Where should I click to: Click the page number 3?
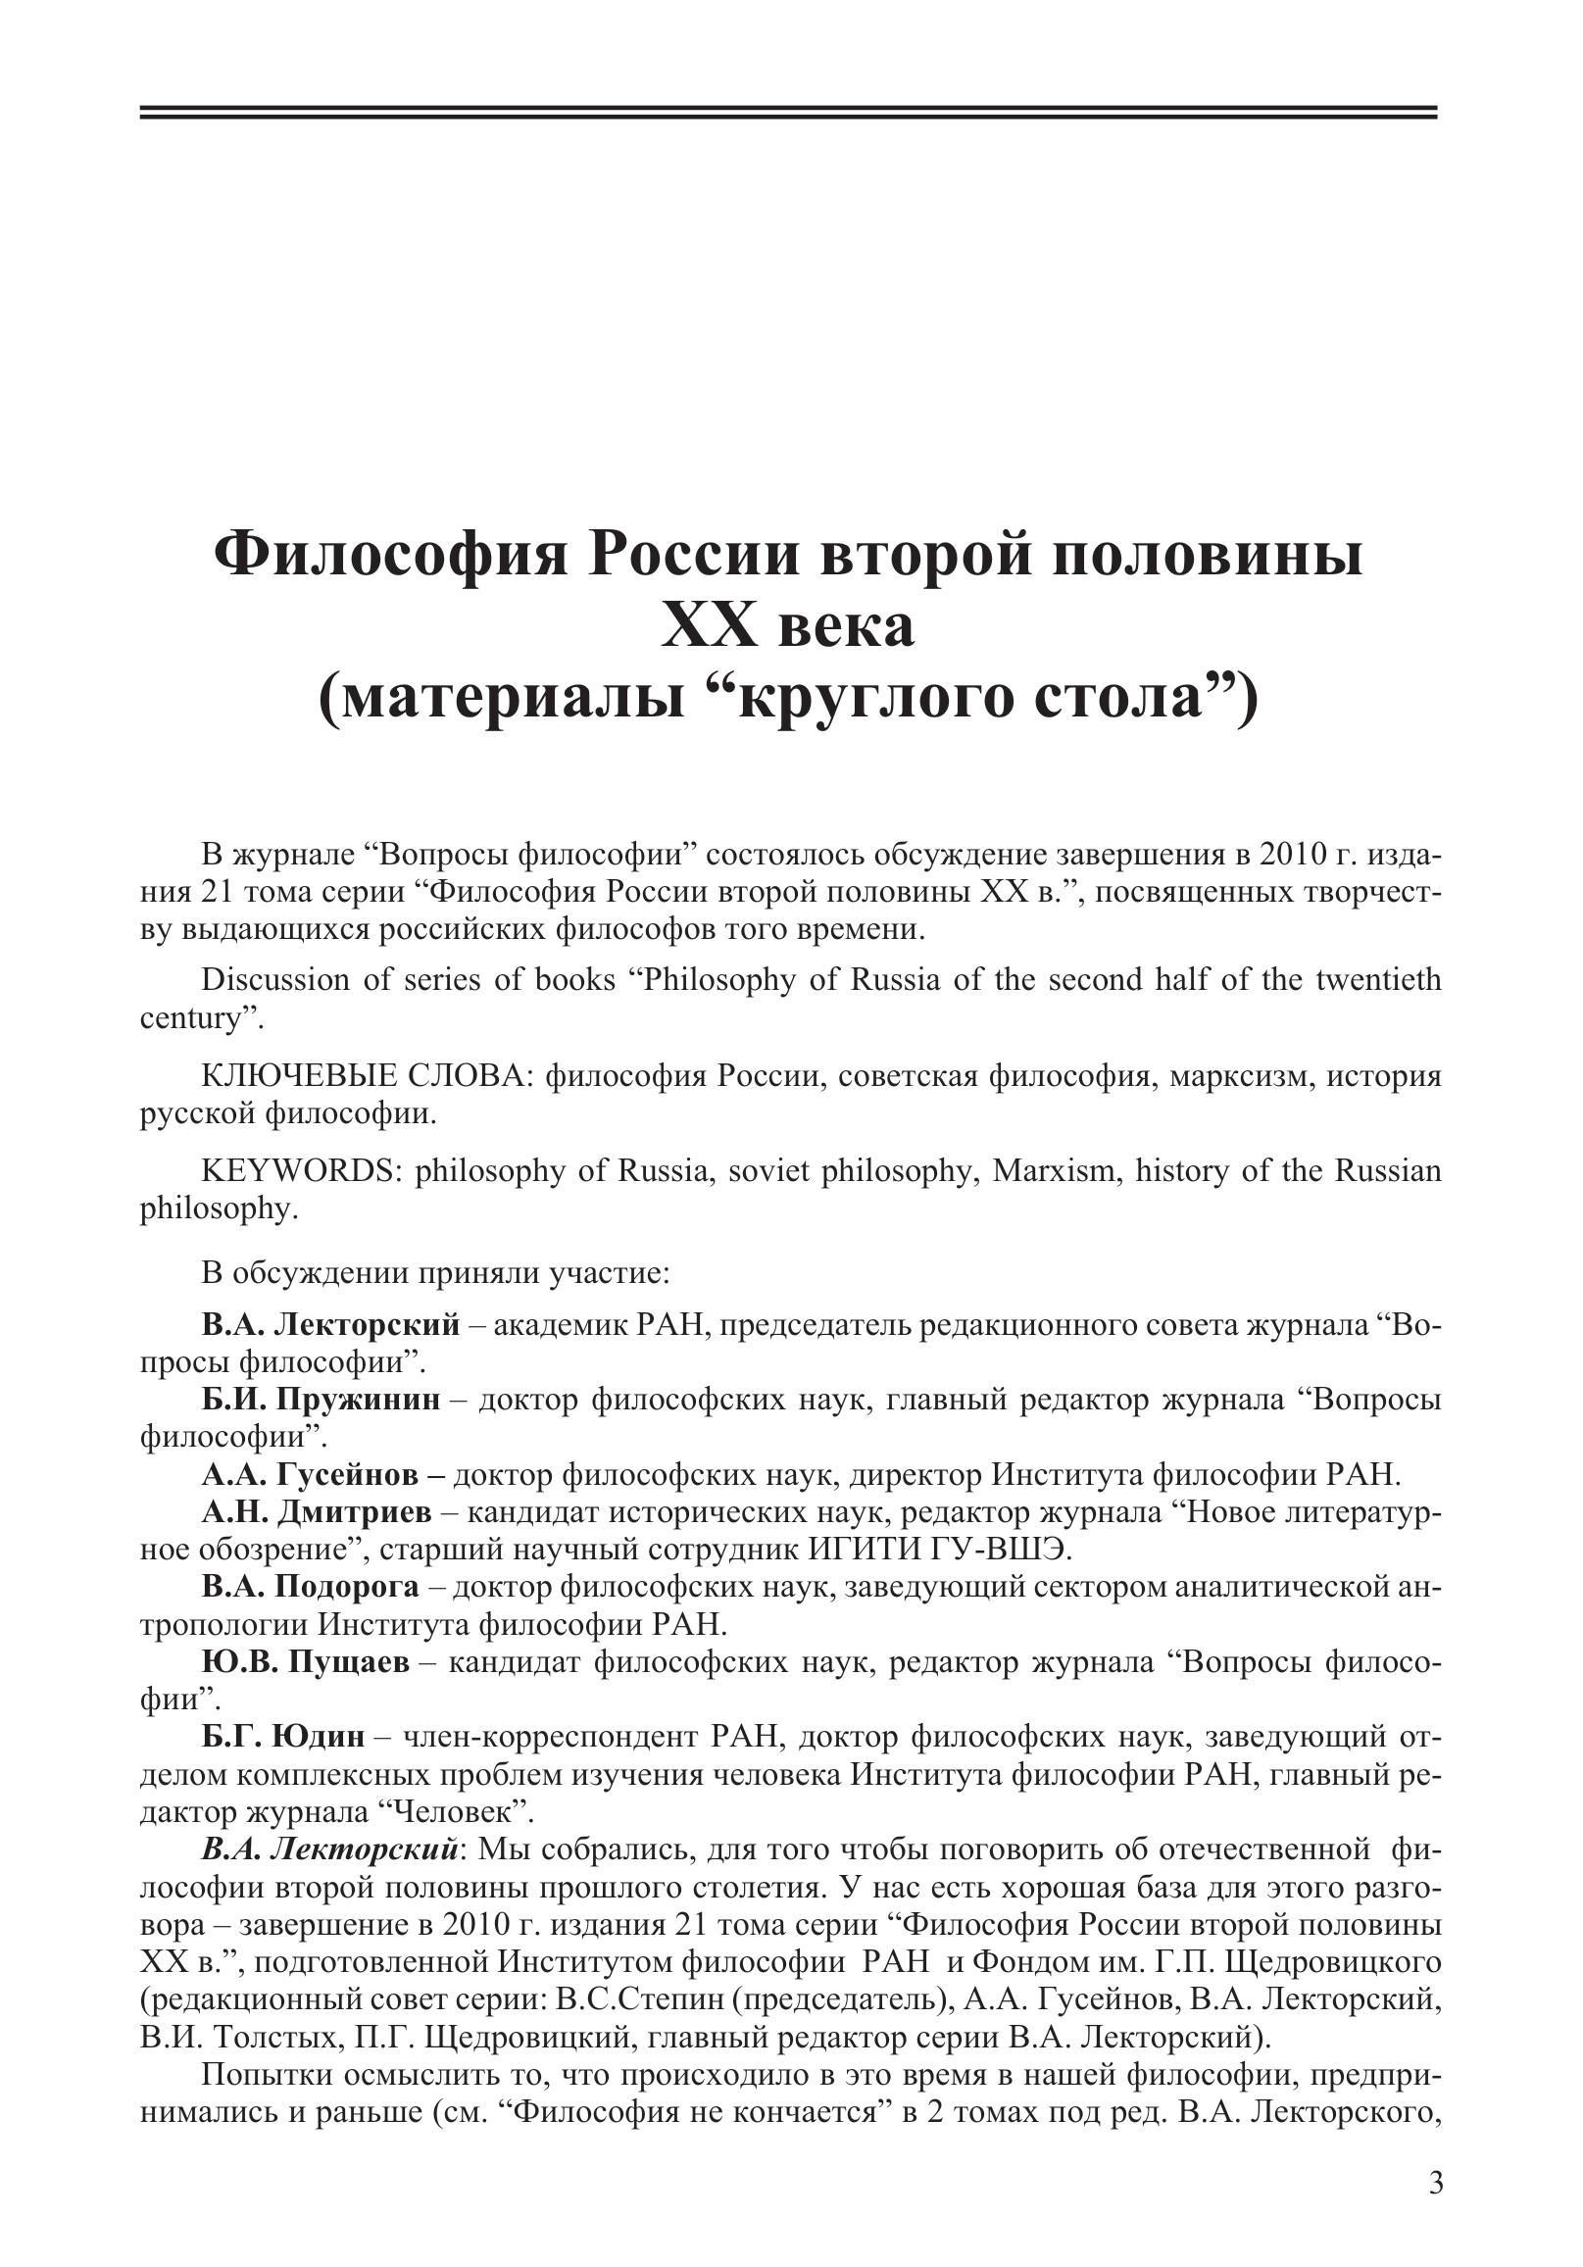click(1435, 2182)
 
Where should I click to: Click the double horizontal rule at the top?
click(788, 113)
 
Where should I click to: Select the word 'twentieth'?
click(1377, 980)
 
